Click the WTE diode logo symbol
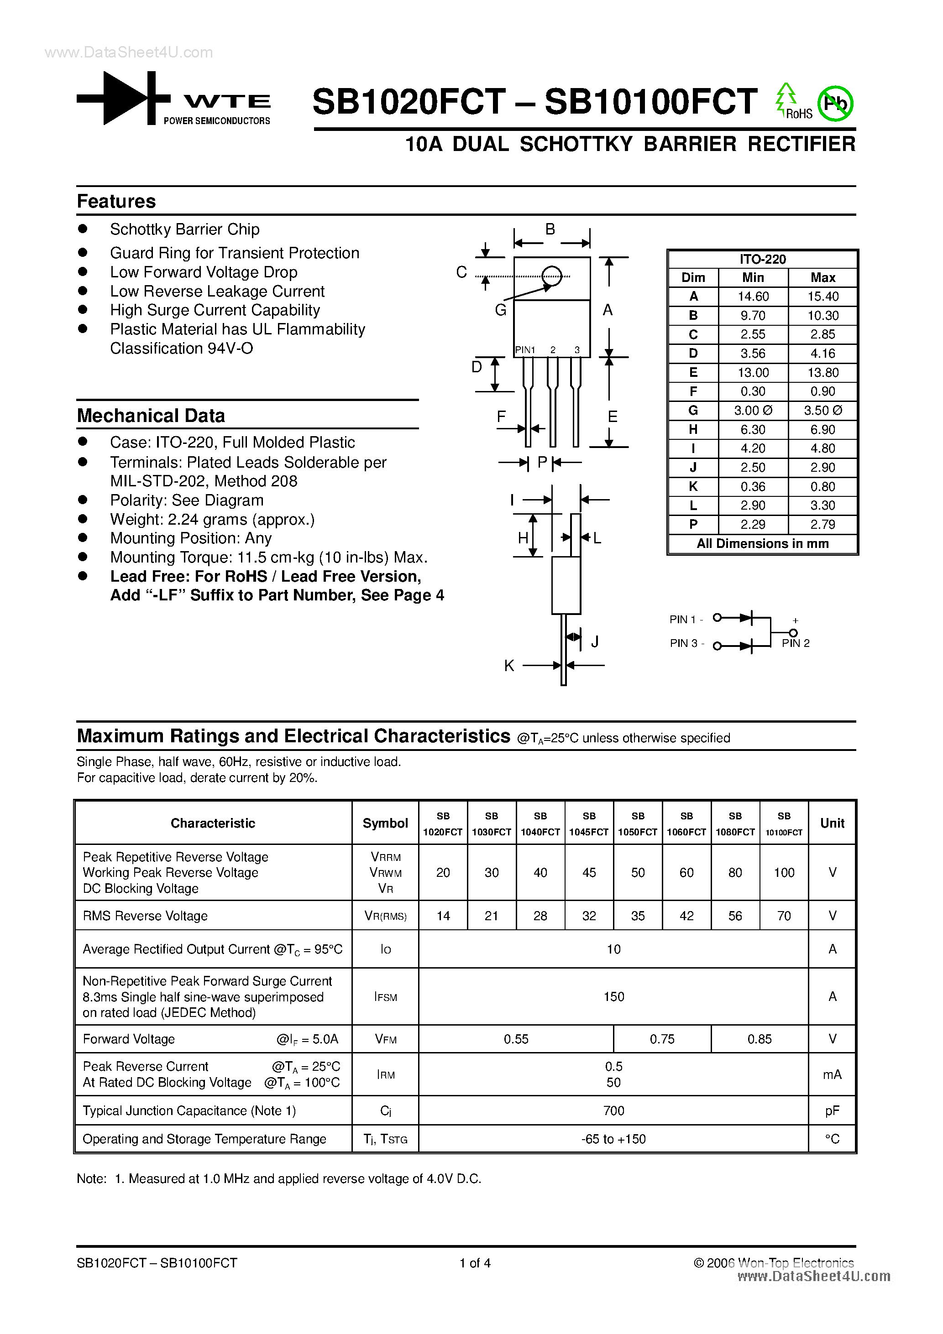123,98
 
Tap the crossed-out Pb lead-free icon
835,104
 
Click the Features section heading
116,202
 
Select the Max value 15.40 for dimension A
823,296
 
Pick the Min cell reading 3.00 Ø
753,411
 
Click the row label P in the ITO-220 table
693,525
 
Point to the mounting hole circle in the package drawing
552,276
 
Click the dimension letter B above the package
550,229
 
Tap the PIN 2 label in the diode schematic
795,643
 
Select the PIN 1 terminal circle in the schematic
718,618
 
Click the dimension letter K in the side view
509,666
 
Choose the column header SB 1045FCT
589,824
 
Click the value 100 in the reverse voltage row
784,873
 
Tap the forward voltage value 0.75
662,1039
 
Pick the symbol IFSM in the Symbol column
385,997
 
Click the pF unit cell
832,1111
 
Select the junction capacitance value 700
613,1111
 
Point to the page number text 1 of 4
475,1263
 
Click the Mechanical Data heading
151,416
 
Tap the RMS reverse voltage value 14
443,916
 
